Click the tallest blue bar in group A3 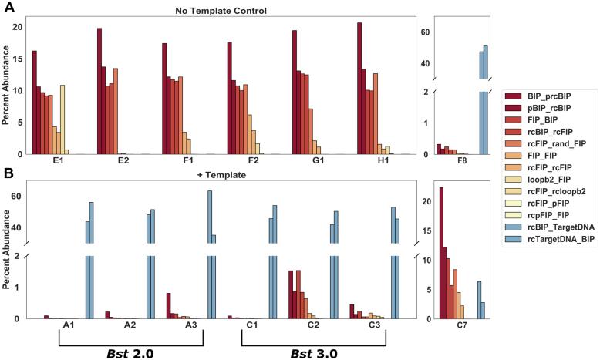coord(209,254)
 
